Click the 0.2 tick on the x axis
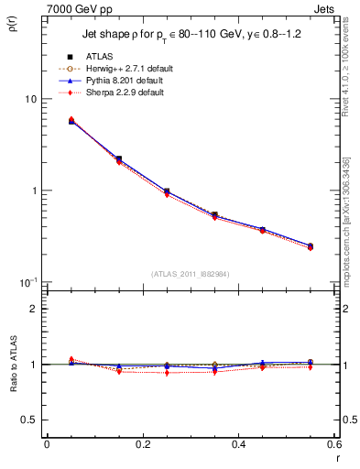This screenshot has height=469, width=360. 142,444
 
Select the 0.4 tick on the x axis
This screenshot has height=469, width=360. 238,444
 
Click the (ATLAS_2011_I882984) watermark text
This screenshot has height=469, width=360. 191,273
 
